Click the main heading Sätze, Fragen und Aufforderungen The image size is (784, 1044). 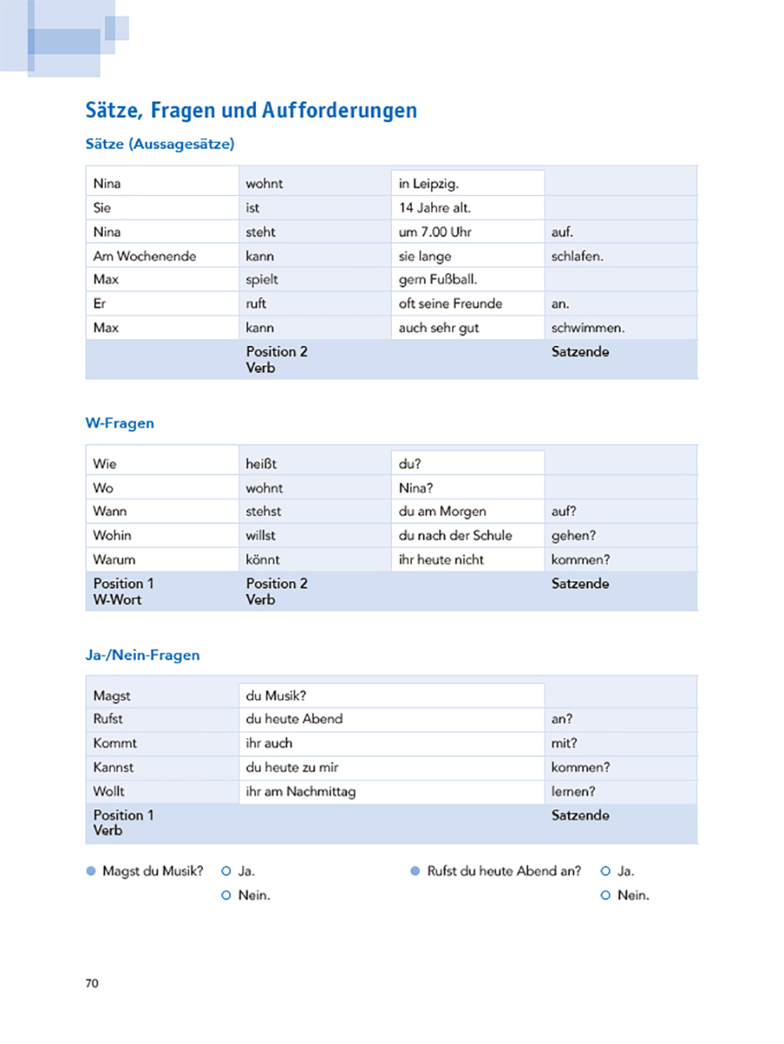[251, 111]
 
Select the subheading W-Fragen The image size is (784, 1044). [119, 423]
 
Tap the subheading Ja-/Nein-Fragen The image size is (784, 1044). [142, 654]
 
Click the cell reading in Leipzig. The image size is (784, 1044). [429, 184]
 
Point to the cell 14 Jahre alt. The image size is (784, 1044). [435, 208]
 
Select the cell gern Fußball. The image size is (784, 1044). [438, 280]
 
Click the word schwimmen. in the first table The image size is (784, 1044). [588, 328]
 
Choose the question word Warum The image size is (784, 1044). [114, 559]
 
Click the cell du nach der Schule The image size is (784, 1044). [455, 535]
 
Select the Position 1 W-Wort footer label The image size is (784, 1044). [123, 591]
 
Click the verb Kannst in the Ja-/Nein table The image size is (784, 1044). [113, 768]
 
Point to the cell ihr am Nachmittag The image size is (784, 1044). [301, 791]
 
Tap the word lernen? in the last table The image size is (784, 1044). [573, 791]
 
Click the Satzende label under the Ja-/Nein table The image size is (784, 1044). [580, 816]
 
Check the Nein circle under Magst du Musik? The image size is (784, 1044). [226, 895]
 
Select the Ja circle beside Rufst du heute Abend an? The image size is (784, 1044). [605, 871]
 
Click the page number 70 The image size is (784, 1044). [92, 984]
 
